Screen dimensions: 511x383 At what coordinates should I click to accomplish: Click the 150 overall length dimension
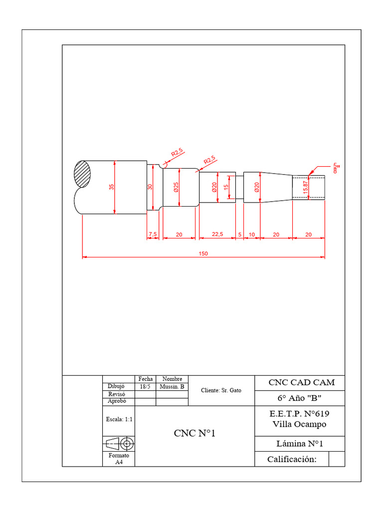tap(203, 254)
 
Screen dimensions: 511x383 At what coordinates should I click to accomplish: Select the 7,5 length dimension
tap(153, 234)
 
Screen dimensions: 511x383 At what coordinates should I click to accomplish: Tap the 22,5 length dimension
tap(217, 234)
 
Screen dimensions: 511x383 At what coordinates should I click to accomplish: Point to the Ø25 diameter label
tap(176, 188)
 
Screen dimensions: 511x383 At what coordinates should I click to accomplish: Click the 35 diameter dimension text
tap(112, 187)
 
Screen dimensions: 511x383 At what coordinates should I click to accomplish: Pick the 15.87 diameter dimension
tap(305, 188)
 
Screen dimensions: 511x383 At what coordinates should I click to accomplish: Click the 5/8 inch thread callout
tap(336, 168)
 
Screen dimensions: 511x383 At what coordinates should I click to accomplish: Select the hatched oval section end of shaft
tap(83, 174)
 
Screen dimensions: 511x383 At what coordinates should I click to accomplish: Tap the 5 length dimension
tap(239, 234)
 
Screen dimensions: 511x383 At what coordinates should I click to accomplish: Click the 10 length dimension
tap(251, 234)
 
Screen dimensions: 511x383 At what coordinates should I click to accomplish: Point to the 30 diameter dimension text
tap(149, 188)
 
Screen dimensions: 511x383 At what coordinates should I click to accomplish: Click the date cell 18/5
tap(145, 387)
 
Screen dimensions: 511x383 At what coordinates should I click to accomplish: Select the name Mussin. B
tap(172, 387)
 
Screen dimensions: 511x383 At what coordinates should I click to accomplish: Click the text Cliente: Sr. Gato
tap(221, 390)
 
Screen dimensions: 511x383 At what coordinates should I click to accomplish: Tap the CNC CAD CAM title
tap(302, 383)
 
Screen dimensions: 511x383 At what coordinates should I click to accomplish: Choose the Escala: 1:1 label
tap(119, 420)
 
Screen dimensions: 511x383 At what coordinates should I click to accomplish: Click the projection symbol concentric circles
tap(127, 443)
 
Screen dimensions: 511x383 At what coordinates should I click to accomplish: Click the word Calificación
tap(292, 459)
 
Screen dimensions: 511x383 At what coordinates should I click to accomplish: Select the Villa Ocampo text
tap(299, 424)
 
